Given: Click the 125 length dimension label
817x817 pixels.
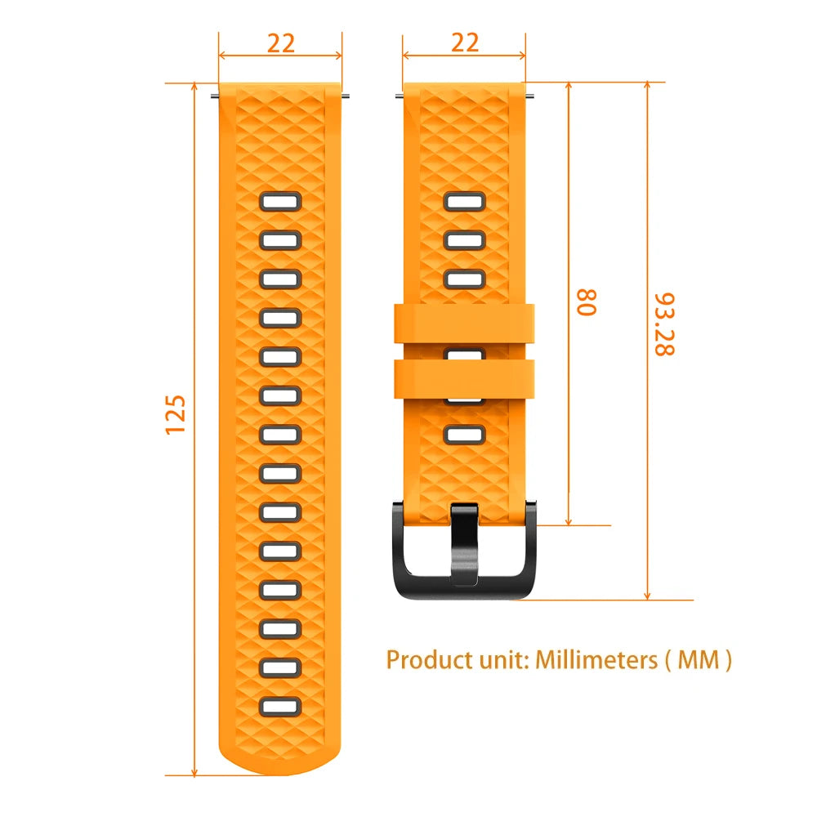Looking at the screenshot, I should click(x=176, y=414).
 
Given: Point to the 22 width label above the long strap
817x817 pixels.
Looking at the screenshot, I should click(x=280, y=43).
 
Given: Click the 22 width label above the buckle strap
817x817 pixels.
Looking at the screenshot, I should click(x=465, y=43).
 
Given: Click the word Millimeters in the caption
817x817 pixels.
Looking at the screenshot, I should click(x=594, y=659).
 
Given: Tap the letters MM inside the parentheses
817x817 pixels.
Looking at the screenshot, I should click(x=694, y=659).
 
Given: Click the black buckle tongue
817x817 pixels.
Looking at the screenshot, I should click(x=464, y=543).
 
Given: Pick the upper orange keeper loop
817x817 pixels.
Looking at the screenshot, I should click(x=464, y=323).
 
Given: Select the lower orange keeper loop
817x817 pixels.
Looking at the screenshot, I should click(x=464, y=378).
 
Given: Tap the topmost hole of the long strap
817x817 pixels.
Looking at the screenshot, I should click(x=280, y=201).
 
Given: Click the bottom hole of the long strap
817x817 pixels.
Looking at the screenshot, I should click(x=280, y=706).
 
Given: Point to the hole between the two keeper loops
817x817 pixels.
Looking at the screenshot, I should click(x=464, y=354).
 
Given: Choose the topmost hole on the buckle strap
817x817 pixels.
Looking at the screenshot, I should click(x=464, y=201).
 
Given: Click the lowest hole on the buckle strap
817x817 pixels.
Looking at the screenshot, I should click(x=464, y=434).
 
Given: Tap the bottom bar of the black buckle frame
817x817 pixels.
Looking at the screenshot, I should click(x=464, y=590).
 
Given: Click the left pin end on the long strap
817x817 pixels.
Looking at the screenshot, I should click(x=215, y=96).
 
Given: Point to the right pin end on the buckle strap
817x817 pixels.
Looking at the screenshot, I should click(x=531, y=96).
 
